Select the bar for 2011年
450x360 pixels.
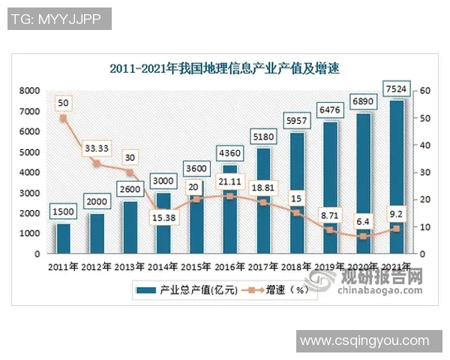coord(63,238)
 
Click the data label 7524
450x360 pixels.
coord(395,90)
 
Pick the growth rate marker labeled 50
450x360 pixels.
coord(63,118)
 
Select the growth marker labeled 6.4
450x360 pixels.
coord(362,236)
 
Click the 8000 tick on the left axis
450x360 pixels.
coord(30,91)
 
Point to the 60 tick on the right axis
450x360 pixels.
coord(424,91)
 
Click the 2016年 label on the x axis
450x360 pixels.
coord(229,266)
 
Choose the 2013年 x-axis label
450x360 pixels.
coord(130,266)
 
